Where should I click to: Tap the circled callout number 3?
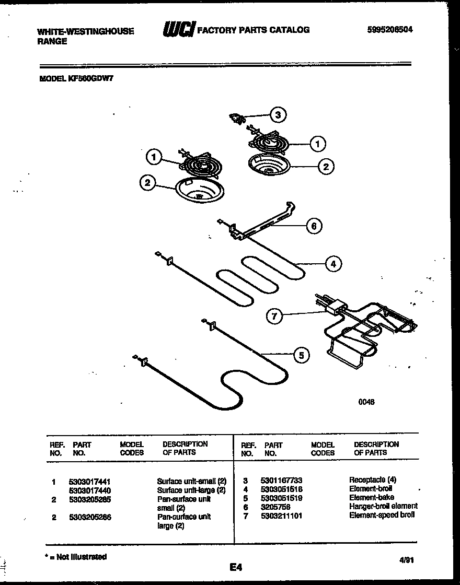pos(278,115)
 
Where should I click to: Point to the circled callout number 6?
pos(313,226)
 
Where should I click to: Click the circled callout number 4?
pos(333,264)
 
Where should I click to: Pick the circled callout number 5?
pos(300,355)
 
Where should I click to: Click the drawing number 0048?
pos(366,402)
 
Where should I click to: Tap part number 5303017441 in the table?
pos(89,481)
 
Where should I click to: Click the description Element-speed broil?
pos(382,515)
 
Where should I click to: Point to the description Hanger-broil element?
pos(383,506)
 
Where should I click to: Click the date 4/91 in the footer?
pos(407,559)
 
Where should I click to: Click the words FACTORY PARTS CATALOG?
pos(253,30)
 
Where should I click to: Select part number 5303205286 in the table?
pos(89,517)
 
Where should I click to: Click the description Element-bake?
pos(372,497)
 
